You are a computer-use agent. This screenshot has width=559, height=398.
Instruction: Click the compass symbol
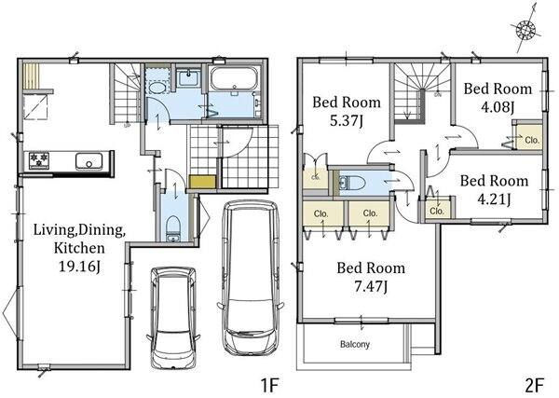(526, 29)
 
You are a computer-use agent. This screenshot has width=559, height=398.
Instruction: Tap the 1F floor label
(269, 386)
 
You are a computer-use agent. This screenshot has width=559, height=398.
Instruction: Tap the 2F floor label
(535, 386)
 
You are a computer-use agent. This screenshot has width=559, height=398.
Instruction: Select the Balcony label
(355, 345)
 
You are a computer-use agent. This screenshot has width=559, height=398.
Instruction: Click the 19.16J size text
(79, 267)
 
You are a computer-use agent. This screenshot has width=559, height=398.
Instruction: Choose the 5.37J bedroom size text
(347, 121)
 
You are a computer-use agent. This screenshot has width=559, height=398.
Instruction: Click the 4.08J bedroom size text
(498, 107)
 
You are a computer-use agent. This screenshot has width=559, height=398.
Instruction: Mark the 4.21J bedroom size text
(494, 199)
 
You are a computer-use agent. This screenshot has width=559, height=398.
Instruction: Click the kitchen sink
(89, 161)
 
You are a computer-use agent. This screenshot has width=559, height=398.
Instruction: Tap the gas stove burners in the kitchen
(39, 160)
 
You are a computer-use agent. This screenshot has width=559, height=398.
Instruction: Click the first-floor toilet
(173, 228)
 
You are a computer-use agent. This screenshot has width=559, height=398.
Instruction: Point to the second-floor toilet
(352, 184)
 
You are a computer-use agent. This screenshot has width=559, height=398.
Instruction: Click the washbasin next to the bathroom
(188, 77)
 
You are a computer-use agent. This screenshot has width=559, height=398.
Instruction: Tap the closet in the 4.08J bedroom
(529, 137)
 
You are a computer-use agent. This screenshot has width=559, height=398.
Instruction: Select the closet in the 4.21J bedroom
(437, 209)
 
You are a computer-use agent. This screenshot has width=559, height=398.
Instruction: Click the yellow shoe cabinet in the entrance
(202, 182)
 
